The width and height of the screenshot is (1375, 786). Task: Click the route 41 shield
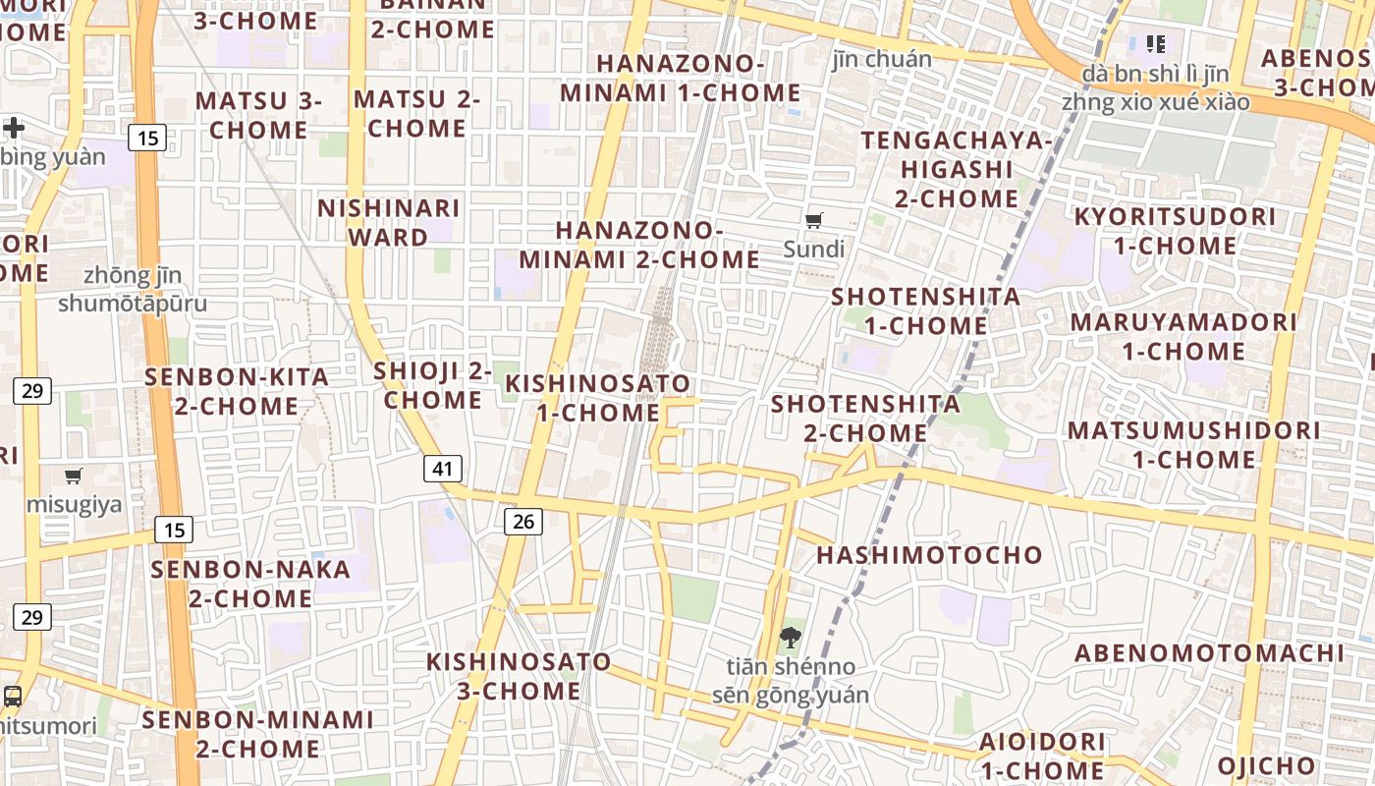(x=443, y=469)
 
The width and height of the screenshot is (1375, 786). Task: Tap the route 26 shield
(x=523, y=521)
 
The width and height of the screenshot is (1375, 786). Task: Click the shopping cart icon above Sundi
(x=813, y=221)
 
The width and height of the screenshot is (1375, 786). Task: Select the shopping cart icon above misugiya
(x=74, y=477)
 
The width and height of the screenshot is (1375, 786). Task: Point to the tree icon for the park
(x=790, y=638)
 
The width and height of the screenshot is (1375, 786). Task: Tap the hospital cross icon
(x=14, y=128)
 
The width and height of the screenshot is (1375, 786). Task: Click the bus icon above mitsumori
(x=13, y=697)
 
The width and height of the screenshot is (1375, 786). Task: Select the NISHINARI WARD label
(x=389, y=222)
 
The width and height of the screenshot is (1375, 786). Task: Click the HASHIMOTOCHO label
(x=929, y=555)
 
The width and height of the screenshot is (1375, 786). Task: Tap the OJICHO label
(x=1266, y=765)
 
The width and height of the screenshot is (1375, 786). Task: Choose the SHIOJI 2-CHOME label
(x=433, y=385)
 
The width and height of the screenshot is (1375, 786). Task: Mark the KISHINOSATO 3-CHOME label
(x=519, y=676)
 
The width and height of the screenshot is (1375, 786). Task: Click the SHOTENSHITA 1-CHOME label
(x=926, y=310)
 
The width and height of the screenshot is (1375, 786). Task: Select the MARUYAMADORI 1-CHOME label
(x=1183, y=336)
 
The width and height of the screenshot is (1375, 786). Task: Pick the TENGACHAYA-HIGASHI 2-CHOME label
(x=957, y=169)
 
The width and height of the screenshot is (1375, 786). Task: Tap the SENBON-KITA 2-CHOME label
(x=237, y=391)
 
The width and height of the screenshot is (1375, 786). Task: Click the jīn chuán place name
(x=882, y=59)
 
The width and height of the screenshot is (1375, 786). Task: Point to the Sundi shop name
(x=814, y=250)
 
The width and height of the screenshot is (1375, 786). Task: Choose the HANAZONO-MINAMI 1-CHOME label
(x=681, y=78)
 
